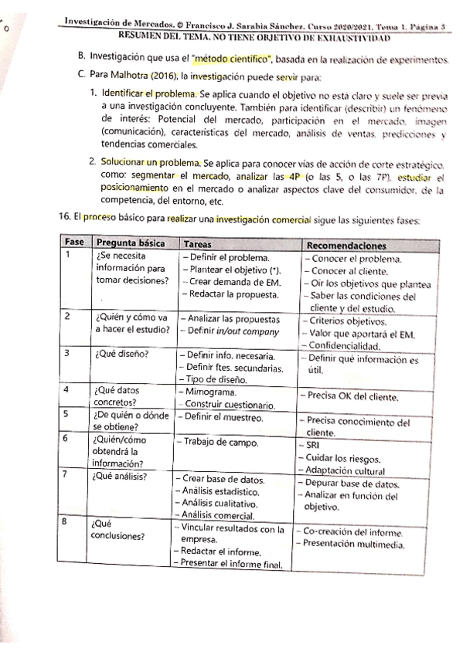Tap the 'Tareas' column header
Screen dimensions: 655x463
pos(199,242)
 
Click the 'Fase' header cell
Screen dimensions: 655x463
pos(75,242)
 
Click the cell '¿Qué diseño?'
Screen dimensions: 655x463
pos(122,355)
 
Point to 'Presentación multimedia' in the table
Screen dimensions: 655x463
pos(353,545)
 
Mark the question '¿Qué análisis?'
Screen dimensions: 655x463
pos(121,477)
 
